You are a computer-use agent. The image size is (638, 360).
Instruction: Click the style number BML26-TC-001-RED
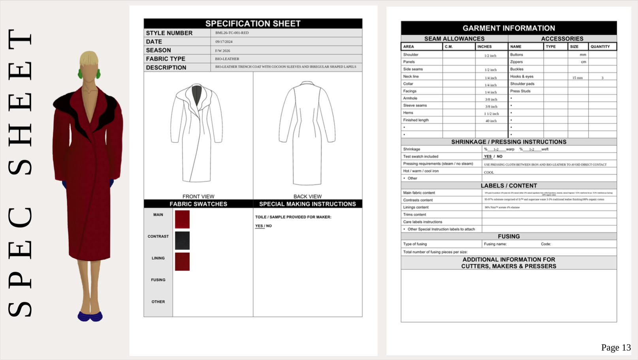(x=232, y=33)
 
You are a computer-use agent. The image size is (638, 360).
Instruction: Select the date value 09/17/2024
(x=224, y=41)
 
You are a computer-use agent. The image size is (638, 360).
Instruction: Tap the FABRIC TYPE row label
(x=166, y=59)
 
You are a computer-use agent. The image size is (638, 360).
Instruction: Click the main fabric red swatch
(x=182, y=219)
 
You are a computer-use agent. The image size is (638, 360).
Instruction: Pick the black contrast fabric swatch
(x=182, y=241)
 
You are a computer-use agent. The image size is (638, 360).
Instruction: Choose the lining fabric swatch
(x=182, y=262)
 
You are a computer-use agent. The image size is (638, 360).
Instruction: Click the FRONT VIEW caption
(x=198, y=196)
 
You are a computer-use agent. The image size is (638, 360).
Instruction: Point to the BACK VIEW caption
(x=307, y=196)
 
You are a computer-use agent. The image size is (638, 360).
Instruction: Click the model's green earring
(x=81, y=74)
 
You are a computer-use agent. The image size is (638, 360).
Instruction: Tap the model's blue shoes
(x=90, y=316)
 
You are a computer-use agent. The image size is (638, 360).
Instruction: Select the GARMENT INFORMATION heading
(x=509, y=28)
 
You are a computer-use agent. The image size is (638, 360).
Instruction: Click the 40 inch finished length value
(x=491, y=121)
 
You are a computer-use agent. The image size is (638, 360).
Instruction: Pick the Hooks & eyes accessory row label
(x=521, y=77)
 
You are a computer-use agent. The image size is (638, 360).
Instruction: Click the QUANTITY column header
(x=600, y=47)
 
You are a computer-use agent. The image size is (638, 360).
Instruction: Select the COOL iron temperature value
(x=489, y=172)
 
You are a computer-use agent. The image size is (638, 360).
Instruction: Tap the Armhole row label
(x=410, y=98)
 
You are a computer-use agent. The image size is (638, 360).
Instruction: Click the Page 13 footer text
(x=616, y=347)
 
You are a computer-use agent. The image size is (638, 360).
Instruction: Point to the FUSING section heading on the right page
(x=508, y=236)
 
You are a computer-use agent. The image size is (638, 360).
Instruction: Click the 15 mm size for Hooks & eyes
(x=577, y=78)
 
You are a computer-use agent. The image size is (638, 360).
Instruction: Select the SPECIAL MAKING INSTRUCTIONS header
(x=307, y=204)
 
